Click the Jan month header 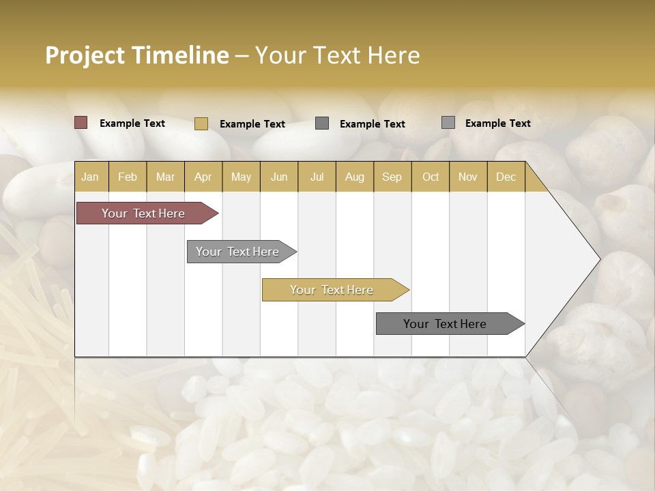click(90, 177)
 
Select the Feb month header click(128, 177)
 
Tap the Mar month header click(165, 177)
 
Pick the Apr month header click(203, 177)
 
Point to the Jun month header click(279, 177)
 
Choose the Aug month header click(354, 177)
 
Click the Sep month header click(392, 177)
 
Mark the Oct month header click(431, 177)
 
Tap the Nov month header click(467, 177)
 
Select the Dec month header click(506, 177)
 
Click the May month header click(241, 177)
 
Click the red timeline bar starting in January click(144, 213)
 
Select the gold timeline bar click(332, 290)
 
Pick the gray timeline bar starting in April click(238, 252)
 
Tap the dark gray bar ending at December click(446, 324)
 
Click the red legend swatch click(81, 123)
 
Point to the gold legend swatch click(201, 123)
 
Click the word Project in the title click(85, 55)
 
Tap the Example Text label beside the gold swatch click(252, 124)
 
